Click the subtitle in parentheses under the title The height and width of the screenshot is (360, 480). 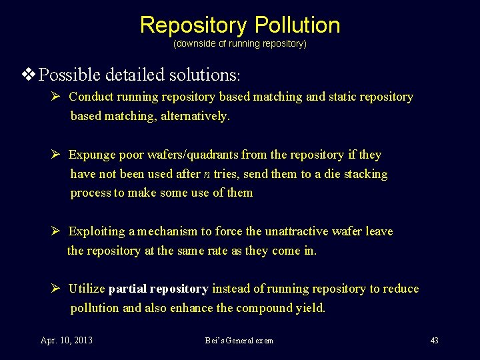[x=240, y=44]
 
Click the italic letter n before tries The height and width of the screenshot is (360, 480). [x=207, y=175]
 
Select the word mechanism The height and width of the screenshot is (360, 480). [x=167, y=231]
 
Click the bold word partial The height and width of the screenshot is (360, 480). [x=127, y=289]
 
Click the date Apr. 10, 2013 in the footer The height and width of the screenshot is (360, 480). [x=67, y=341]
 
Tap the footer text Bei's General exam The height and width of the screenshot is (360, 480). [x=239, y=341]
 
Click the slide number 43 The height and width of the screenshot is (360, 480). [x=434, y=341]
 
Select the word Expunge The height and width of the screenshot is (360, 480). [x=92, y=155]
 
